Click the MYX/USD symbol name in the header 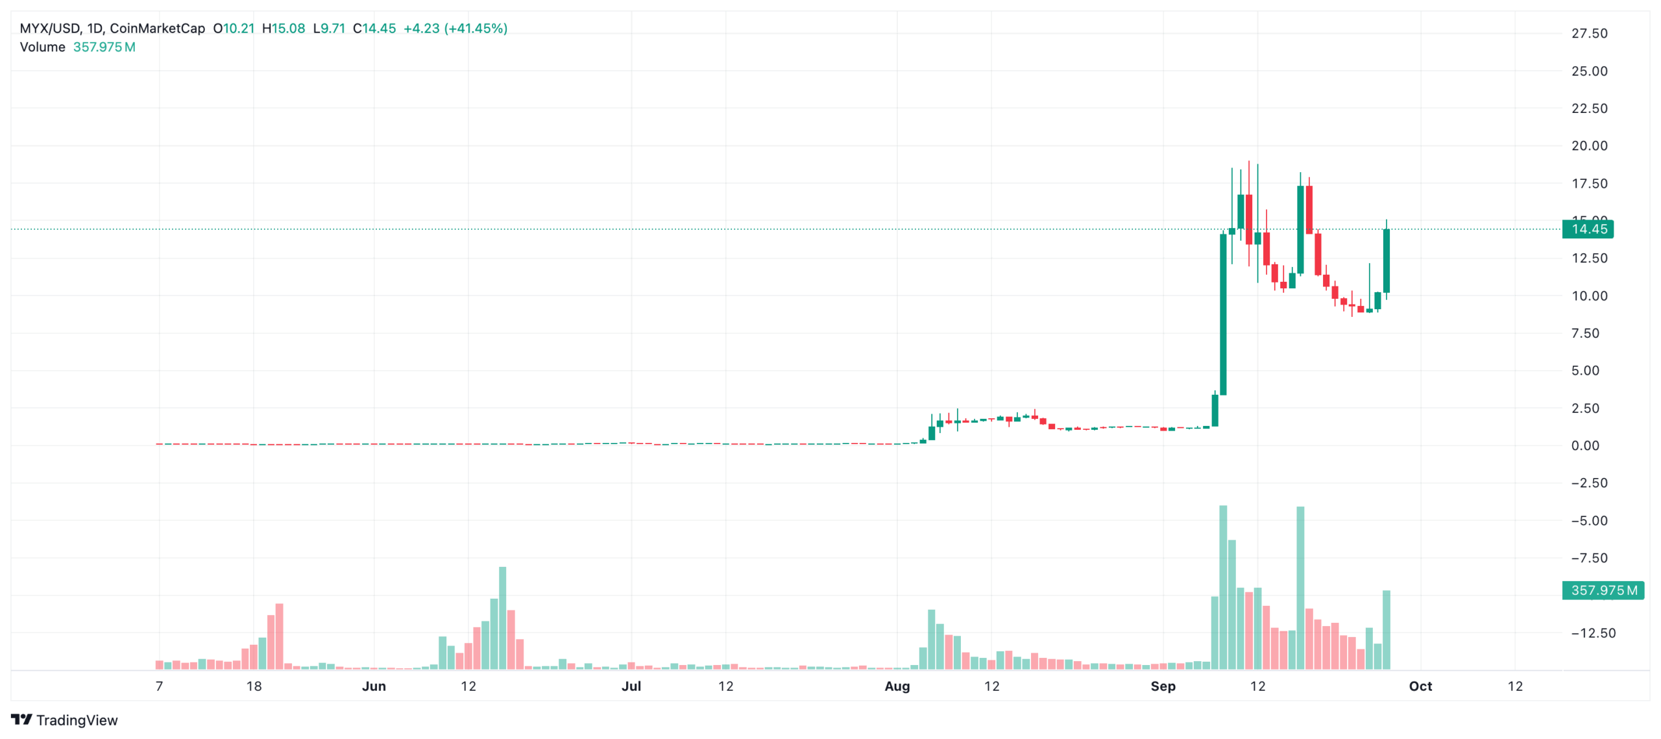[50, 29]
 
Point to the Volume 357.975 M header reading [78, 47]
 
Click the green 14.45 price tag [1587, 229]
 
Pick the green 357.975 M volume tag [1603, 590]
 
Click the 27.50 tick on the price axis [1589, 34]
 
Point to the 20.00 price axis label [1589, 146]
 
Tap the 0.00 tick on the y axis [1584, 445]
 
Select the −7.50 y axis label [1589, 558]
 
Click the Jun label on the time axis [374, 686]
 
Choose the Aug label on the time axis [897, 686]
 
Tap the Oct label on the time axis [1420, 686]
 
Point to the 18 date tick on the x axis [254, 686]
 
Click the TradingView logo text [77, 720]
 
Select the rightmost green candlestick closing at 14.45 [1386, 260]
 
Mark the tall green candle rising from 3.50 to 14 [1223, 315]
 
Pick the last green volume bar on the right [1386, 630]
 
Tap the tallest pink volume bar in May [279, 636]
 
